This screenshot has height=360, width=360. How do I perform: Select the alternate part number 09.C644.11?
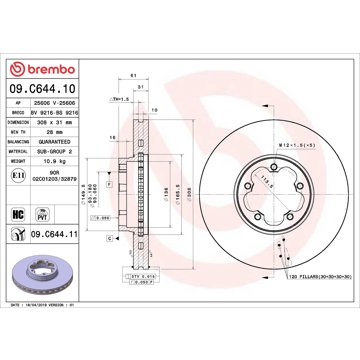[63, 236]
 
